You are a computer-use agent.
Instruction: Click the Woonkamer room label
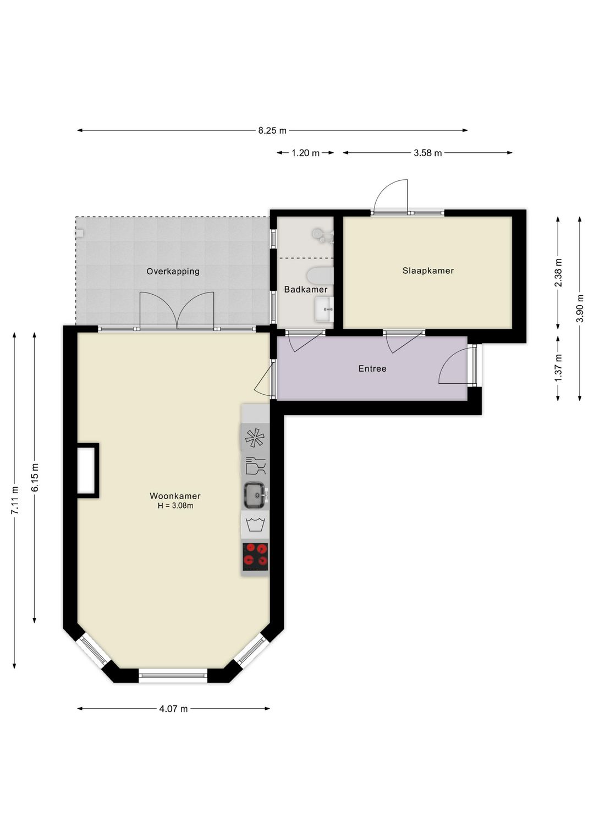(175, 496)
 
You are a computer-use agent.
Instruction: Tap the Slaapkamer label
(428, 271)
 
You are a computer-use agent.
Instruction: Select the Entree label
(372, 368)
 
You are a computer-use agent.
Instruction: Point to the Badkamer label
(305, 289)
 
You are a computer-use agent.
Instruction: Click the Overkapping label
(173, 271)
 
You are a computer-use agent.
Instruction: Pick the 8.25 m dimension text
(272, 130)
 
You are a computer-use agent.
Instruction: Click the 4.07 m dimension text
(173, 709)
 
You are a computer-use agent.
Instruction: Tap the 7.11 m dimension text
(15, 500)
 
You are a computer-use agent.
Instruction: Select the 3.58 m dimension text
(427, 153)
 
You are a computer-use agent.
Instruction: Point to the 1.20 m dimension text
(305, 153)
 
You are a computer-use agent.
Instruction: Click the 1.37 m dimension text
(558, 368)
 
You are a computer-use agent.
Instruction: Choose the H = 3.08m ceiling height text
(175, 506)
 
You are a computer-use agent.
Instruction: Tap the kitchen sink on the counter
(255, 495)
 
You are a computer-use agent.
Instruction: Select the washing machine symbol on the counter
(255, 525)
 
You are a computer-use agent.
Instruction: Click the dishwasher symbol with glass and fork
(255, 466)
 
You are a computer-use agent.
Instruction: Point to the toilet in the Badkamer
(320, 276)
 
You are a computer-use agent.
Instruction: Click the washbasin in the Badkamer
(324, 309)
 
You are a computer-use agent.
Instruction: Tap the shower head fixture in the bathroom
(322, 235)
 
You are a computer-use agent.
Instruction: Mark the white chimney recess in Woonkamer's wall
(86, 471)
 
